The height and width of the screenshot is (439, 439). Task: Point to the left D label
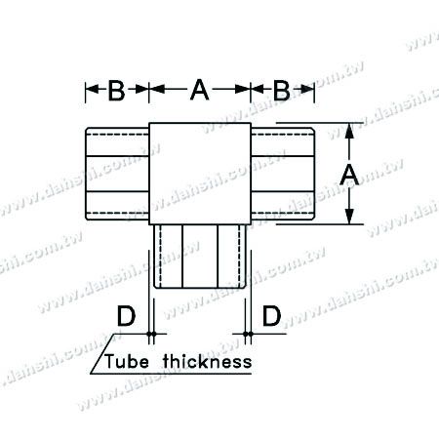(124, 316)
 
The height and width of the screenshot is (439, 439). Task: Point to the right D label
(272, 316)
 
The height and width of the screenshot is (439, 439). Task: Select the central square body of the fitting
(199, 173)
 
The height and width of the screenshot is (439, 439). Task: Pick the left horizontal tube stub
(117, 174)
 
